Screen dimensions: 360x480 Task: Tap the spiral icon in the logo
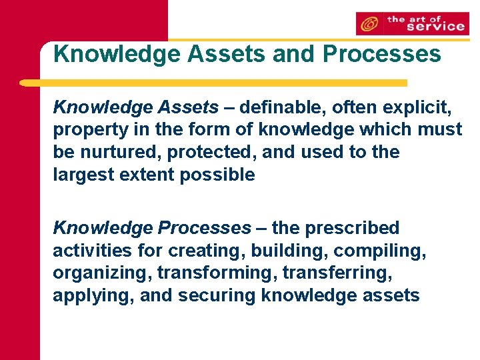point(368,25)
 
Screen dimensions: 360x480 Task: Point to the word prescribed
point(352,228)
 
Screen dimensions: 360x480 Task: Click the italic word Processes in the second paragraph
point(204,228)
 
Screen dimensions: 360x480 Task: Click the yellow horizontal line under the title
point(213,83)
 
